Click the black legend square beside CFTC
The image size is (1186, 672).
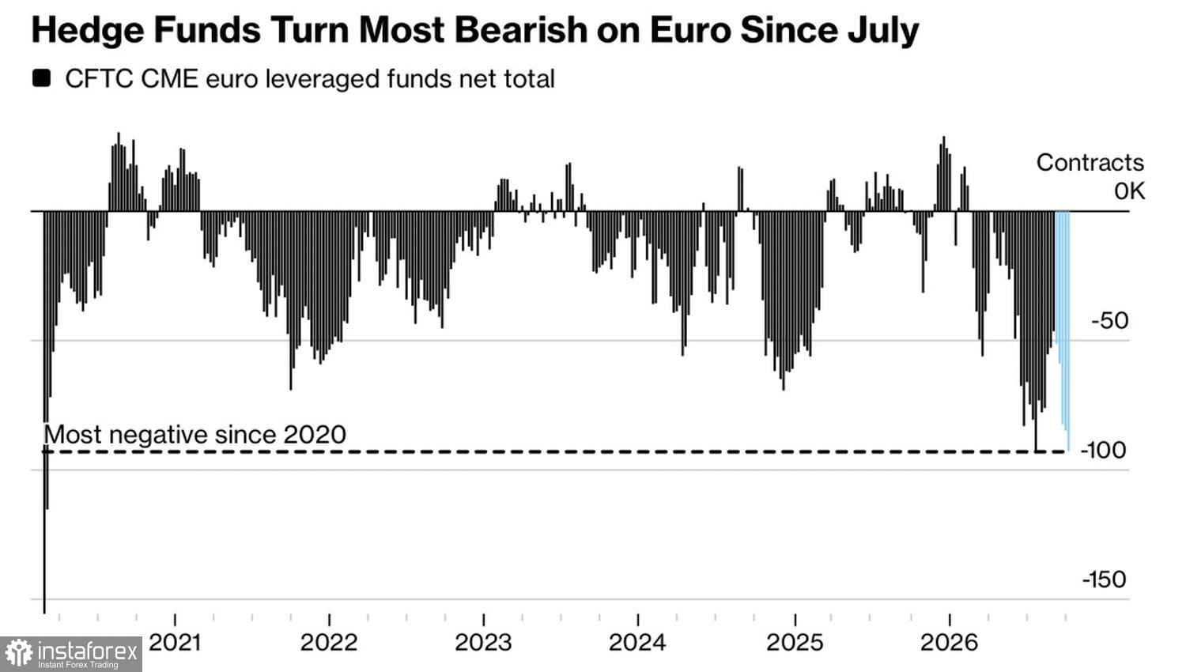coord(41,78)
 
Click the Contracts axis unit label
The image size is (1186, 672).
coord(1090,163)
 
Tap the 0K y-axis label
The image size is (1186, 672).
coord(1129,191)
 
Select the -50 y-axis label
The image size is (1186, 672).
coord(1110,321)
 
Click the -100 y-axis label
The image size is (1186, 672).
coord(1103,451)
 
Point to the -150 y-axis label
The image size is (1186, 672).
coord(1104,580)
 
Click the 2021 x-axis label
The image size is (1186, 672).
coord(176,643)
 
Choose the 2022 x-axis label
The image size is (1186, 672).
coord(329,643)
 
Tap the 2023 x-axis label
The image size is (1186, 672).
coord(483,643)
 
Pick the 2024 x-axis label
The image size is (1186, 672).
coord(637,643)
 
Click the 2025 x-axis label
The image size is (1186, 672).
coord(795,643)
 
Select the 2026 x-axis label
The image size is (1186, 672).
coord(949,643)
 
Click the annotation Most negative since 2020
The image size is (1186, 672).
coord(195,435)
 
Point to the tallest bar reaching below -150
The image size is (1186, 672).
coord(44,412)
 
